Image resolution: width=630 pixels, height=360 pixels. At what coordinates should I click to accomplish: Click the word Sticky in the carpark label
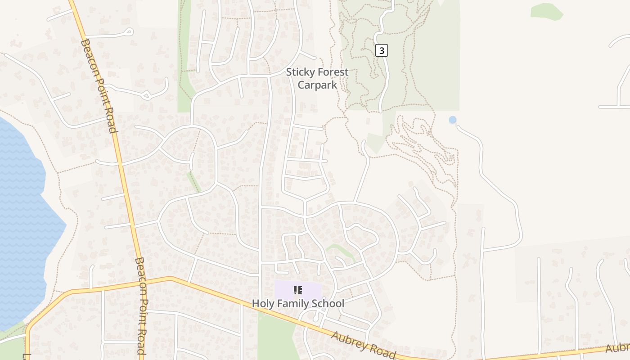coord(300,72)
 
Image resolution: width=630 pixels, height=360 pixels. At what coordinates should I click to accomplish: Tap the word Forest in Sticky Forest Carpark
coord(333,72)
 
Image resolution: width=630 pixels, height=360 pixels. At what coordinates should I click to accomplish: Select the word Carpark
coord(317,85)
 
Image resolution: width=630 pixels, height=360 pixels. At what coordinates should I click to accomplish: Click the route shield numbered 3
coord(382,50)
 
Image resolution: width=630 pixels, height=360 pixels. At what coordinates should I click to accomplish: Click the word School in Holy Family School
coord(329,303)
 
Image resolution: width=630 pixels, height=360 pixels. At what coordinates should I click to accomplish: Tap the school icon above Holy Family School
coord(298,290)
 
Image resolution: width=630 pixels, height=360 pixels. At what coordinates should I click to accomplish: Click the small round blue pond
coord(453,120)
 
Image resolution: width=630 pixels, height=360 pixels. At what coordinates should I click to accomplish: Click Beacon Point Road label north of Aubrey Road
coord(99,85)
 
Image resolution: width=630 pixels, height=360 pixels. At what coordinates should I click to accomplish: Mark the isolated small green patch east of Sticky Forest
coord(546,11)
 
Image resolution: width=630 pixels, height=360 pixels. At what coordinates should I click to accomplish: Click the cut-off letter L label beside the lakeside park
coord(24,355)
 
